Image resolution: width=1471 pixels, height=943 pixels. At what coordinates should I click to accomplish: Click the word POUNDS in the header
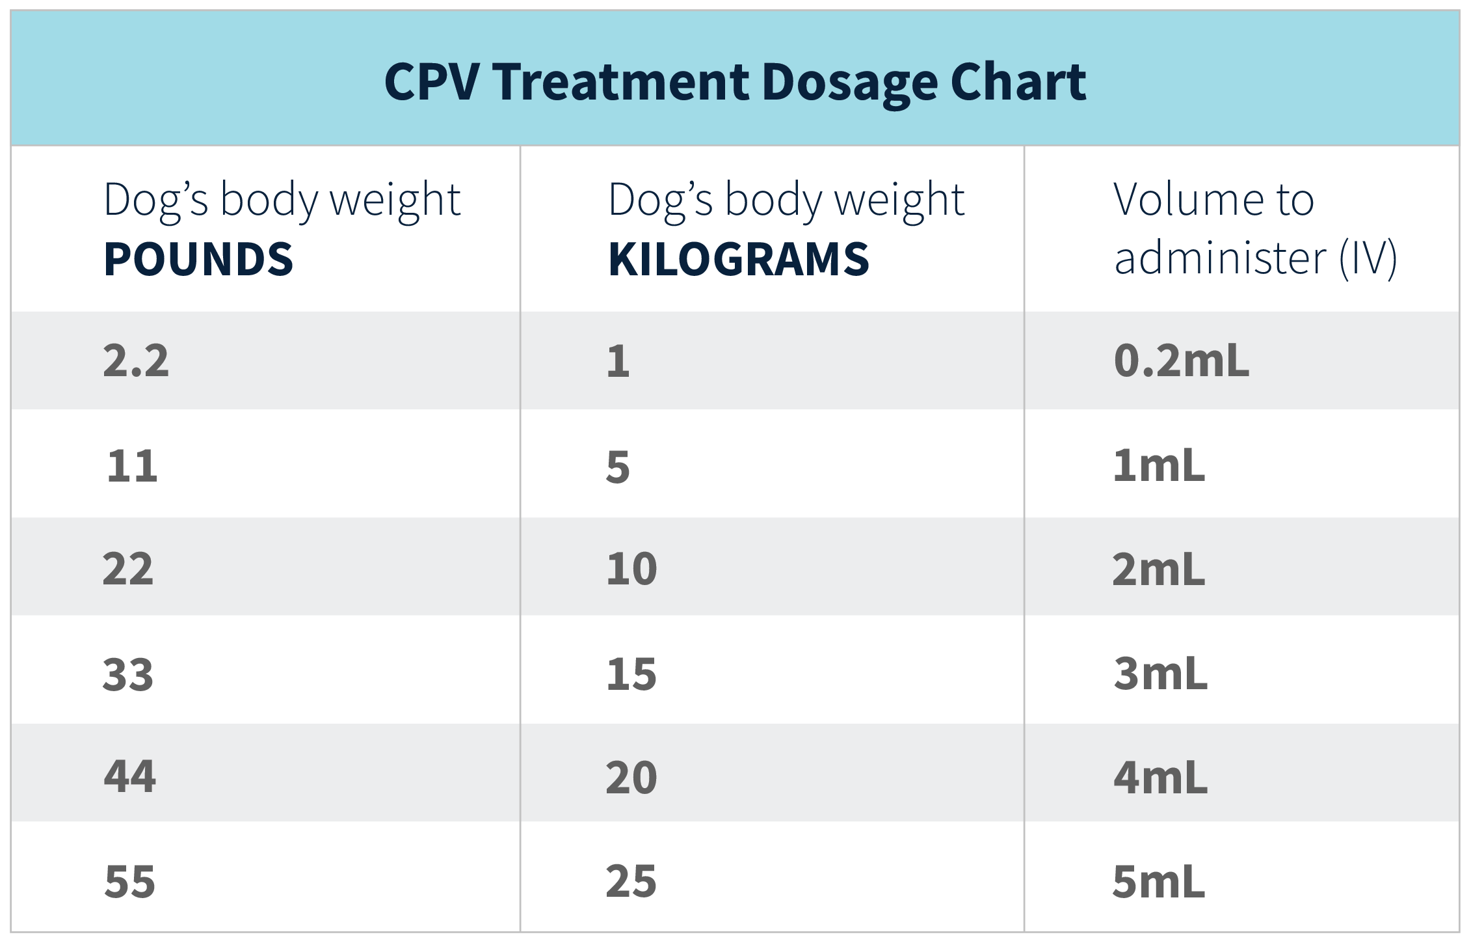pyautogui.click(x=198, y=259)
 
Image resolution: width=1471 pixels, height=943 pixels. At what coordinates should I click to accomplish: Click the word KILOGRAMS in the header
pyautogui.click(x=738, y=259)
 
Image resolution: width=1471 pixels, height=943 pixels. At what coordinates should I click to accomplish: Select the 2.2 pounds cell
pyautogui.click(x=136, y=361)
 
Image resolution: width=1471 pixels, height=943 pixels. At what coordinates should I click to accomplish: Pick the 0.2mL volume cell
pyautogui.click(x=1181, y=361)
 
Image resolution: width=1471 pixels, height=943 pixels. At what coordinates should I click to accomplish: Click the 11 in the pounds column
pyautogui.click(x=132, y=466)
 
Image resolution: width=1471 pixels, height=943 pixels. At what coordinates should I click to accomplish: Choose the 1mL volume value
pyautogui.click(x=1159, y=466)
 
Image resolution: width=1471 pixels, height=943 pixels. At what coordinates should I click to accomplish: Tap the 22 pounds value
pyautogui.click(x=128, y=569)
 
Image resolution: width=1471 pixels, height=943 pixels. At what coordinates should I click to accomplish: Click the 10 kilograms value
pyautogui.click(x=631, y=569)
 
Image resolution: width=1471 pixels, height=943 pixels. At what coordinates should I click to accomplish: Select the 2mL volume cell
pyautogui.click(x=1159, y=569)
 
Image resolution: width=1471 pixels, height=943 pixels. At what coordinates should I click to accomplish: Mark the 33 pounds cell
pyautogui.click(x=128, y=674)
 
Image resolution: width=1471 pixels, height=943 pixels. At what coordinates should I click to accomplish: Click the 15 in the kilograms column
pyautogui.click(x=631, y=674)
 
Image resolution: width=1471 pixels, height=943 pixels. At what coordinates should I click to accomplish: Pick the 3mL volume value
pyautogui.click(x=1160, y=674)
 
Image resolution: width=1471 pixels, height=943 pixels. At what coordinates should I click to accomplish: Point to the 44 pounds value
pyautogui.click(x=130, y=776)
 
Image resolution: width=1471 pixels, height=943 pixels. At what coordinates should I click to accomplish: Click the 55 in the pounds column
pyautogui.click(x=130, y=882)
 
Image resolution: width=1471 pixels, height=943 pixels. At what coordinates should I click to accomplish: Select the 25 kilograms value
pyautogui.click(x=631, y=881)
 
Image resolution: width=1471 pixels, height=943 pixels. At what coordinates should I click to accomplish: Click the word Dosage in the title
pyautogui.click(x=849, y=83)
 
